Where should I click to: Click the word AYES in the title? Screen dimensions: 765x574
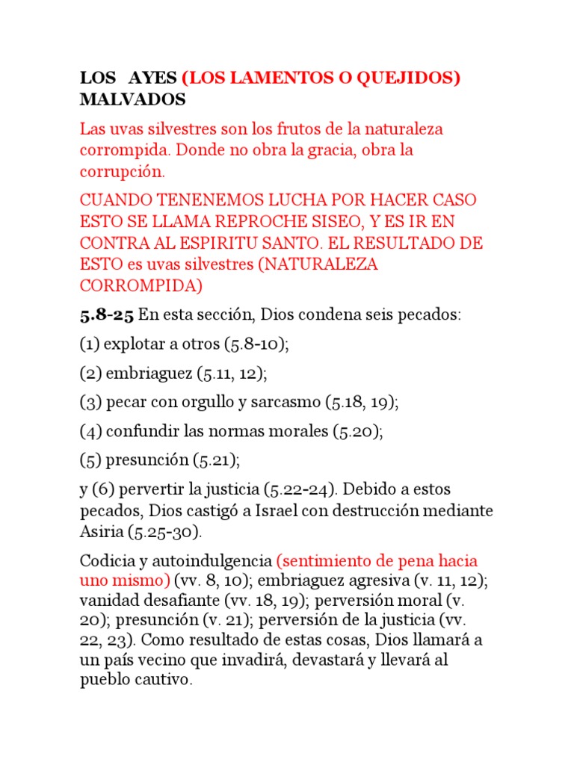click(x=152, y=78)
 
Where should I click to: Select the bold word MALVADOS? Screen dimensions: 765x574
click(x=132, y=99)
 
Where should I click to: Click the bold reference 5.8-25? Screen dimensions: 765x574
click(x=107, y=315)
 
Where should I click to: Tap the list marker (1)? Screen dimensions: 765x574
click(x=90, y=345)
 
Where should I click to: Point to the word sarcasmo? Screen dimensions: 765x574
click(x=285, y=401)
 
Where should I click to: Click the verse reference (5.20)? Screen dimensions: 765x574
click(x=355, y=432)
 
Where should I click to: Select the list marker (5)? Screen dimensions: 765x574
click(x=90, y=460)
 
